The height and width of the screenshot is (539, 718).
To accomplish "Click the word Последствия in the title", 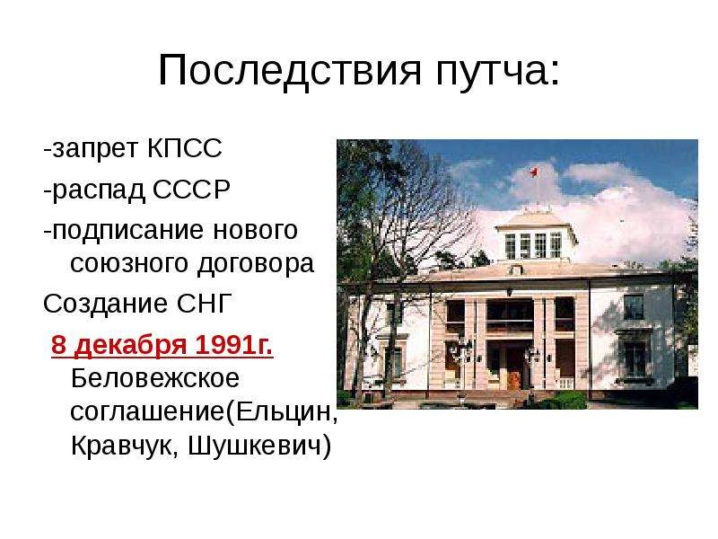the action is [x=289, y=71].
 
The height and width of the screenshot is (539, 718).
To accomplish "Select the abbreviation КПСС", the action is [x=185, y=148].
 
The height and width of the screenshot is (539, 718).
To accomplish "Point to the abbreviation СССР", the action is [x=191, y=189].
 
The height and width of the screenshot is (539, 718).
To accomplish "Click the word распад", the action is [x=99, y=190].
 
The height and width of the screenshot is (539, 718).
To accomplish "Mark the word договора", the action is [x=256, y=264].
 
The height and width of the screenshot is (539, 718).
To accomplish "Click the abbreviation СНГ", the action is [x=205, y=303].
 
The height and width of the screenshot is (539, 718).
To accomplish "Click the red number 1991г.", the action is [x=234, y=345].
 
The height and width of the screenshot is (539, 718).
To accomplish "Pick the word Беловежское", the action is [x=155, y=378].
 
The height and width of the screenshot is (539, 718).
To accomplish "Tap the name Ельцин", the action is [x=286, y=411].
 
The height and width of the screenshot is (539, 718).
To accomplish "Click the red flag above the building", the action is [x=533, y=172].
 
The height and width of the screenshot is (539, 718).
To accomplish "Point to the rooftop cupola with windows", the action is [x=535, y=237].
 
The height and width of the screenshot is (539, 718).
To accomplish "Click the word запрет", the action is [x=95, y=149].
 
